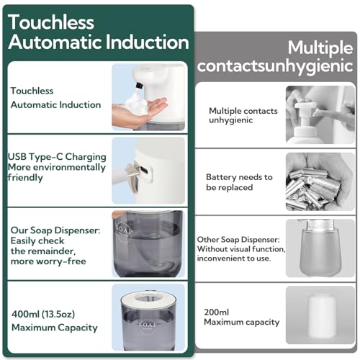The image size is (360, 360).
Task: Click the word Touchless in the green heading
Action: [51, 22]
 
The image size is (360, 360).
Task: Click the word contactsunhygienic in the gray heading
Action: [275, 66]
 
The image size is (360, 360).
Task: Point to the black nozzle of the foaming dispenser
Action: [139, 85]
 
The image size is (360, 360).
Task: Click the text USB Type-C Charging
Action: [57, 157]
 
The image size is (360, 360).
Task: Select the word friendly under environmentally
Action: [25, 178]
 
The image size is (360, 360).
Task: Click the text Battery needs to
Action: [239, 177]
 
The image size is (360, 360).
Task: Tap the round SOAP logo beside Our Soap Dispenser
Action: [123, 231]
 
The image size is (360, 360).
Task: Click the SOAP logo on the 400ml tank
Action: [148, 325]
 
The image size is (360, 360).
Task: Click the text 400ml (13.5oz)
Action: [43, 314]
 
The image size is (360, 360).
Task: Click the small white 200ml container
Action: [321, 315]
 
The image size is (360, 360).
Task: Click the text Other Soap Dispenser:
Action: [238, 240]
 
